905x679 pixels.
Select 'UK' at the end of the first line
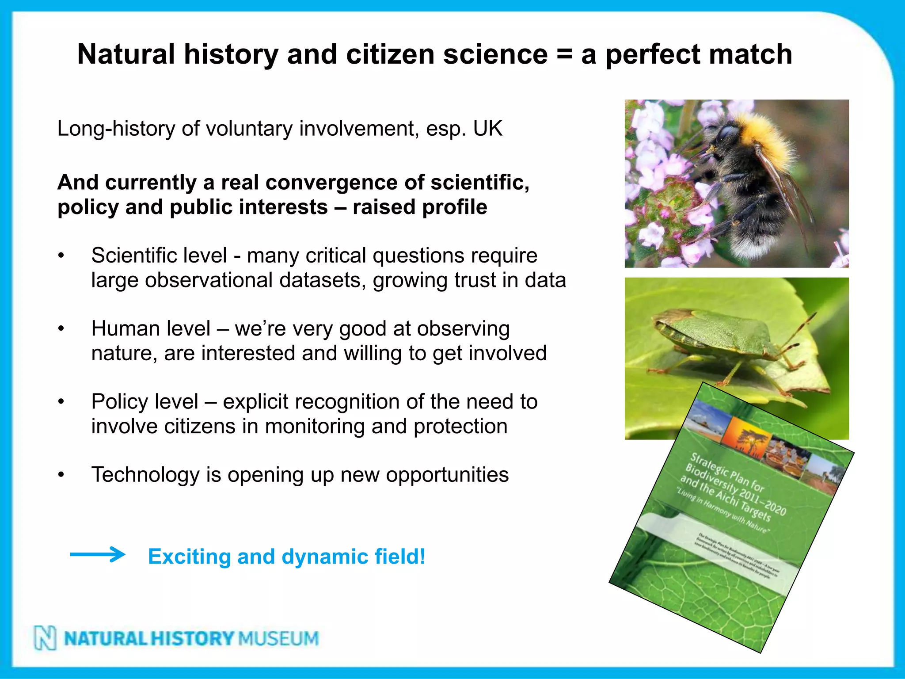click(x=487, y=129)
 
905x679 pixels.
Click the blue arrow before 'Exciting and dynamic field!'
click(x=98, y=554)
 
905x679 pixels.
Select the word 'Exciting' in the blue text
click(x=189, y=557)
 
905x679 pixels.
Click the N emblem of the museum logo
click(x=46, y=638)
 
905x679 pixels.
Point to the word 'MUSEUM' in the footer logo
click(x=278, y=638)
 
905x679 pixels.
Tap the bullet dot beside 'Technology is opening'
click(x=61, y=475)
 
